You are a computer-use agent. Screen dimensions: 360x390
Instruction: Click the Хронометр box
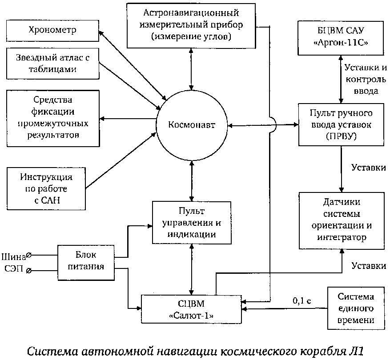pyautogui.click(x=52, y=31)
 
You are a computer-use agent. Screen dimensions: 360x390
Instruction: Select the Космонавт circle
pyautogui.click(x=191, y=125)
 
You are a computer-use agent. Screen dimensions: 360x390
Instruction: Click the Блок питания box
pyautogui.click(x=86, y=261)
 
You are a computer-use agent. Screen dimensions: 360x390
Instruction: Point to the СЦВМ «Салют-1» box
pyautogui.click(x=191, y=310)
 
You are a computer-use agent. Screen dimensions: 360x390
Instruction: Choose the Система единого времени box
pyautogui.click(x=355, y=308)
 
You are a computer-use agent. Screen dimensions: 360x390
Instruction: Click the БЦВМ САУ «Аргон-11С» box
pyautogui.click(x=341, y=39)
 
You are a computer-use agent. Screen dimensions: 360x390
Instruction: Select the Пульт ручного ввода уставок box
pyautogui.click(x=341, y=125)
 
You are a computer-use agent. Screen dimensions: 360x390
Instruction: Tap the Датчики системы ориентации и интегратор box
pyautogui.click(x=341, y=220)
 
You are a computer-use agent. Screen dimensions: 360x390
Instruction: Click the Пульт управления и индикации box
pyautogui.click(x=191, y=222)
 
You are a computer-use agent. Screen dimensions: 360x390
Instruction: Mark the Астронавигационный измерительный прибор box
pyautogui.click(x=192, y=25)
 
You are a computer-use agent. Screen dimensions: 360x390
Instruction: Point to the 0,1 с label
pyautogui.click(x=301, y=300)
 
